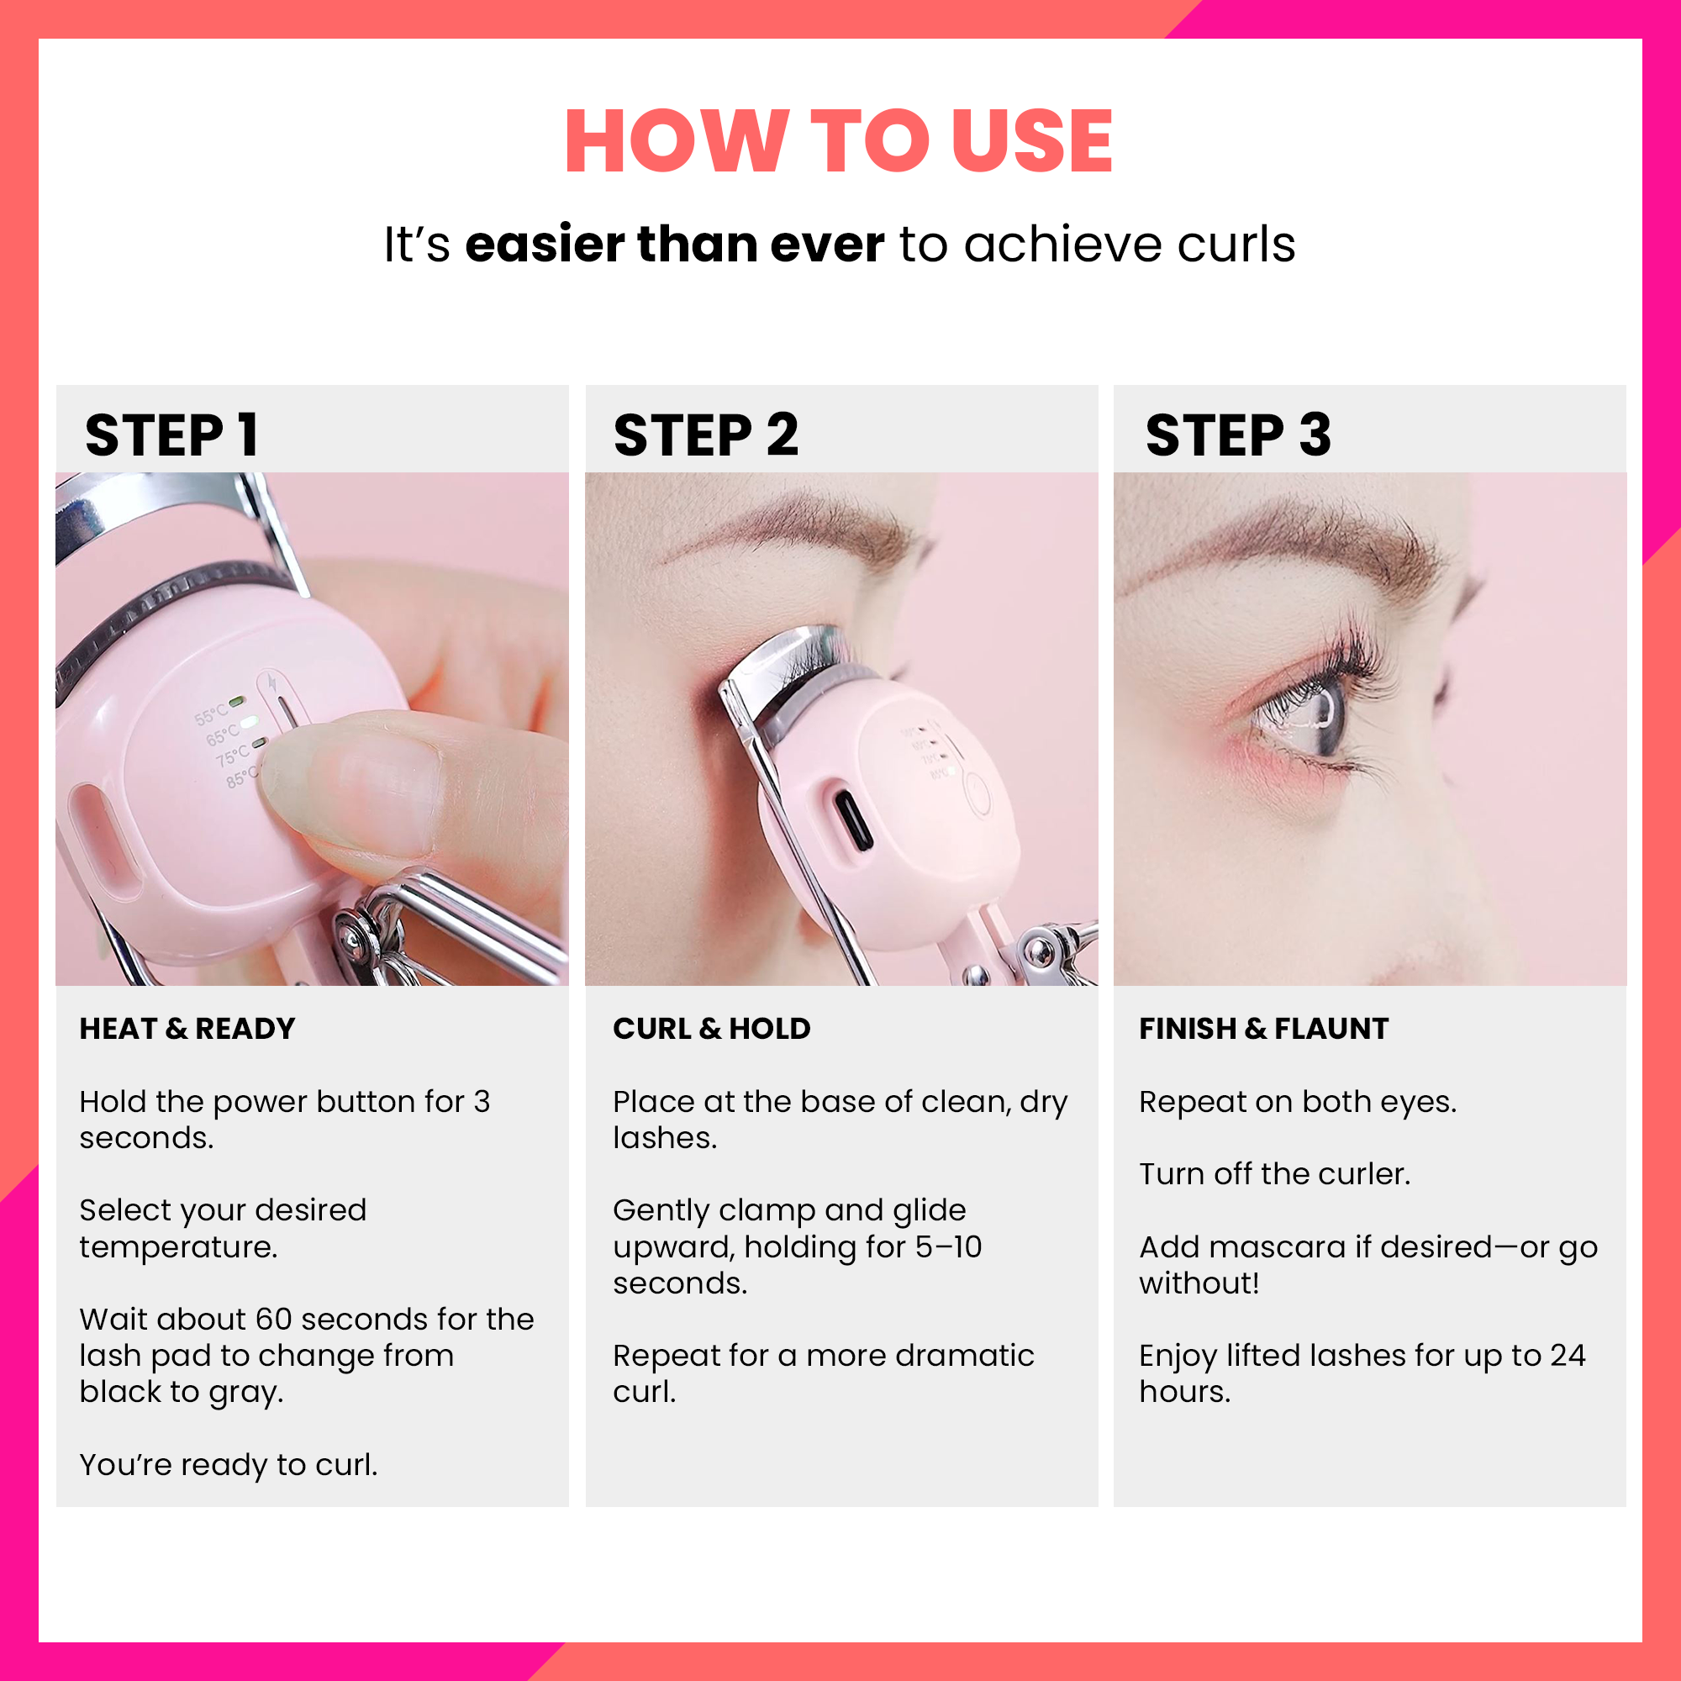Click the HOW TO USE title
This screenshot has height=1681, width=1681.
click(x=839, y=141)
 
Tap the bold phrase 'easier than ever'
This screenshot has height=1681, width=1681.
click(x=674, y=244)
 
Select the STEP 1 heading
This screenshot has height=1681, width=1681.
click(x=171, y=435)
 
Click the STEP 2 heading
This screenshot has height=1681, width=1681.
click(x=706, y=435)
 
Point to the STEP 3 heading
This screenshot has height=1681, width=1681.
click(x=1237, y=435)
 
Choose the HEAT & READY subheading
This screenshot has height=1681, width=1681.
click(x=187, y=1029)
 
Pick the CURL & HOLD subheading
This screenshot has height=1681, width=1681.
click(x=711, y=1029)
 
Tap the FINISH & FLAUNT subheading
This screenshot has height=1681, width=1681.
click(x=1263, y=1029)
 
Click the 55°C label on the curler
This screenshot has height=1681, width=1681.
click(x=209, y=716)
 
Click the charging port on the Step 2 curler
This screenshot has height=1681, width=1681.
click(x=852, y=820)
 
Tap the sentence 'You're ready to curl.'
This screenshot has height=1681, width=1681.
click(x=228, y=1465)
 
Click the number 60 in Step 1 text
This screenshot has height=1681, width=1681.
click(x=273, y=1319)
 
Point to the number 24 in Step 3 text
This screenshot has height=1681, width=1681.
click(x=1567, y=1356)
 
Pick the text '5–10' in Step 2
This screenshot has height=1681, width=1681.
click(x=947, y=1246)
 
